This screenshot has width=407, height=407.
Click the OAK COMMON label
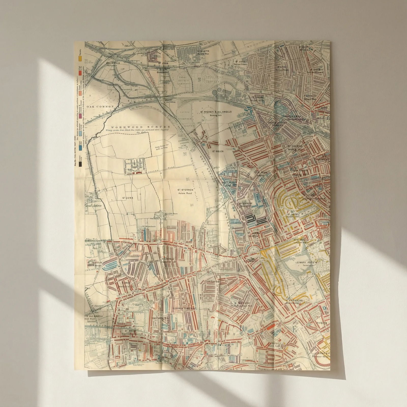coord(100,107)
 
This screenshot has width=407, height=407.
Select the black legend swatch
coord(80,164)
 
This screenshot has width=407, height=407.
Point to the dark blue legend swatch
coord(80,147)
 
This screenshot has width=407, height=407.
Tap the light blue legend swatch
coord(80,132)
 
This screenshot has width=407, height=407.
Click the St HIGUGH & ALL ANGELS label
coord(216,112)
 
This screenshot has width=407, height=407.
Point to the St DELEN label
coord(217,151)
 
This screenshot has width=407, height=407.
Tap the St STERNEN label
coord(185,190)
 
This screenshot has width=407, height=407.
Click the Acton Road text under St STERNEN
coord(185,193)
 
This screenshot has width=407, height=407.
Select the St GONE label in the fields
coord(128,198)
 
